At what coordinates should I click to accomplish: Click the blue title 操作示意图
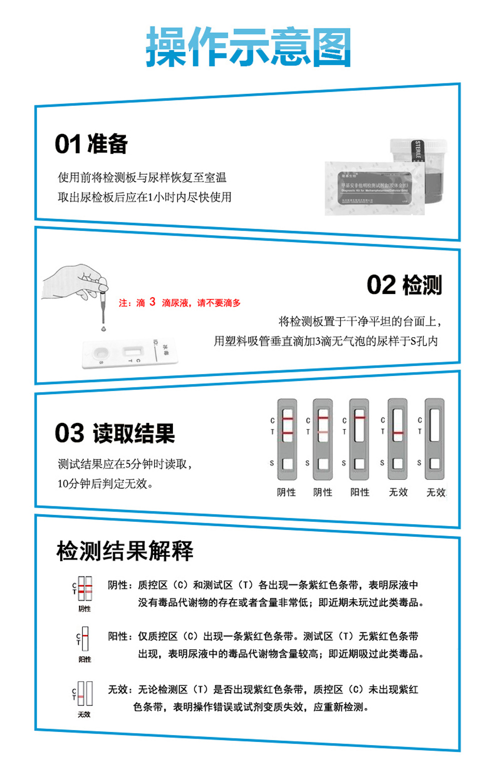coord(248,47)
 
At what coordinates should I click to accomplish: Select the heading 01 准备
coord(91,144)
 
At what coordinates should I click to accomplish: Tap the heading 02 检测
coord(404,285)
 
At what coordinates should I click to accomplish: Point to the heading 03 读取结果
coord(114,433)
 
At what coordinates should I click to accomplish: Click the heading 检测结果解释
coord(125,551)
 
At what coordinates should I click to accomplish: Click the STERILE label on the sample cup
coord(418,150)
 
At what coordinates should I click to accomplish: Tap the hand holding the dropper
coord(75,283)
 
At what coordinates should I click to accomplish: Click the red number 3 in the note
coord(152,302)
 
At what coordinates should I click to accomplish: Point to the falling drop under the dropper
coord(103,329)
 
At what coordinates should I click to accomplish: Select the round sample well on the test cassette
coord(100,353)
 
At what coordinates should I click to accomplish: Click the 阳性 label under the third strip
coord(359,492)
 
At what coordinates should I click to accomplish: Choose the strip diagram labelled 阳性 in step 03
coord(359,434)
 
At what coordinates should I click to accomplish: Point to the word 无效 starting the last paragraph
coord(118,690)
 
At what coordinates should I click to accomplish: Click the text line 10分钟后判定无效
coord(105,483)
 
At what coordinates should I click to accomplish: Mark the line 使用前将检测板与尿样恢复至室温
coord(142,177)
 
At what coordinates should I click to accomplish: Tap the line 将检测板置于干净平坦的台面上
coord(359,321)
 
